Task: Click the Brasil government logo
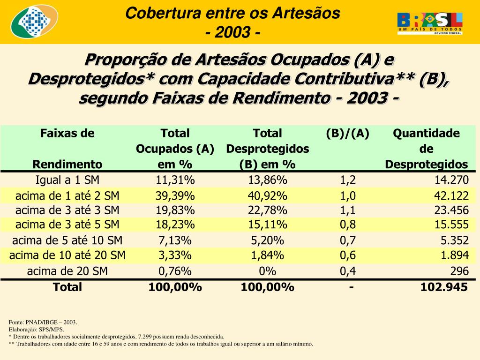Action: tap(430, 23)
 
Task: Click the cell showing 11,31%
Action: tap(175, 180)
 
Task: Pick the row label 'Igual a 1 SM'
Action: tap(67, 180)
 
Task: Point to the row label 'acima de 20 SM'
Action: tap(67, 271)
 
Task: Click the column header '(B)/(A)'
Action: tap(348, 134)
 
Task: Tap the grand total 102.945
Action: tap(444, 287)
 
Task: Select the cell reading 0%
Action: tap(268, 271)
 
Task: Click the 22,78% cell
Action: tap(268, 210)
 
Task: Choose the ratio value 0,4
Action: tap(348, 271)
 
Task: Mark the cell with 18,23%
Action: tap(175, 225)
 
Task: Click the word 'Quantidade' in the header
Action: tap(426, 134)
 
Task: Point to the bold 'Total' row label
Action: tap(67, 287)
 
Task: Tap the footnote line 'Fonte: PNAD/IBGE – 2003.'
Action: tap(43, 322)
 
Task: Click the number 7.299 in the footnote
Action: tap(146, 337)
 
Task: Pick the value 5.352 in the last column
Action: tap(454, 240)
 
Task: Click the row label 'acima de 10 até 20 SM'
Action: tap(67, 255)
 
